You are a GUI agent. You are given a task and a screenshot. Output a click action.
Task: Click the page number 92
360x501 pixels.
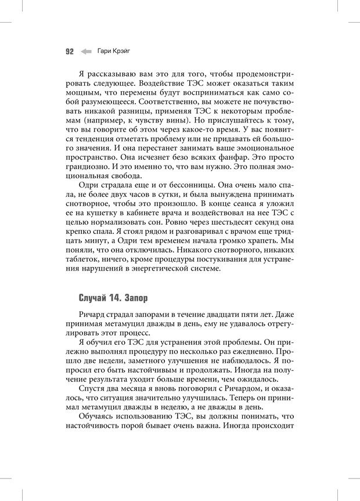coord(69,51)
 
